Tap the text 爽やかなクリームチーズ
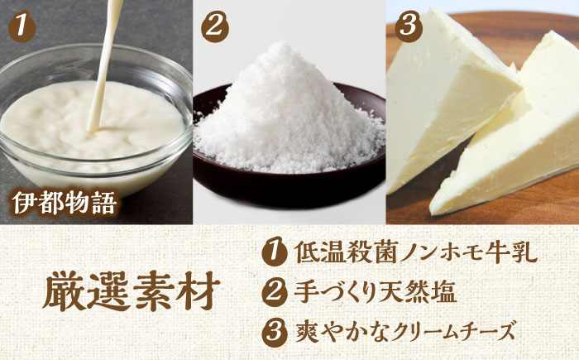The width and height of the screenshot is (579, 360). [x=400, y=331]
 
